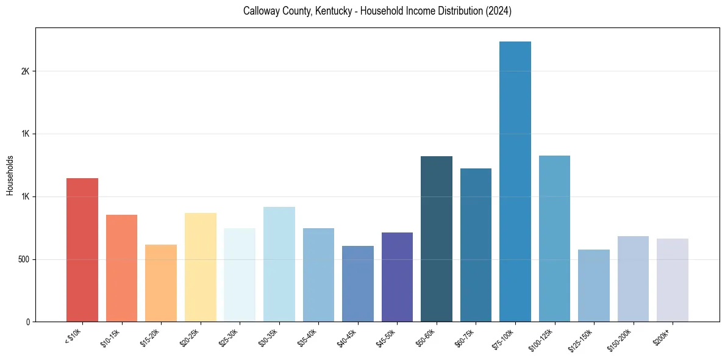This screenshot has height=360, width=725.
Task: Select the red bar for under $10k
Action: click(x=82, y=250)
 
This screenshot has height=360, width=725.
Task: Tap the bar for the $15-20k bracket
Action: click(x=161, y=283)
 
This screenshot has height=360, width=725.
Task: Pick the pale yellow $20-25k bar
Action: click(x=201, y=267)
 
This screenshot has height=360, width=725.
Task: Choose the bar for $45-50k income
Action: click(x=397, y=277)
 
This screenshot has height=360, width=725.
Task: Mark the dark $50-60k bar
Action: click(x=437, y=239)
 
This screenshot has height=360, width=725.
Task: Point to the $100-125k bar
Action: click(x=554, y=239)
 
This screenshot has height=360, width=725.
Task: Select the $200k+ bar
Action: click(x=673, y=280)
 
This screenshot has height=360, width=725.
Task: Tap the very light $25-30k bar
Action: click(x=240, y=275)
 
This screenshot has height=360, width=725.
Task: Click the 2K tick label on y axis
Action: click(x=25, y=71)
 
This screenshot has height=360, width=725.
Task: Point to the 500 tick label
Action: click(x=24, y=259)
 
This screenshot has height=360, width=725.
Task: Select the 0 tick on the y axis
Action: click(x=27, y=322)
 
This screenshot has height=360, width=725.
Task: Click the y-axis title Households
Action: click(x=10, y=175)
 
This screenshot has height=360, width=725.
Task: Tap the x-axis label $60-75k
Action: click(x=465, y=336)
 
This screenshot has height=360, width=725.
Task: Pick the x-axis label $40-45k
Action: click(x=347, y=336)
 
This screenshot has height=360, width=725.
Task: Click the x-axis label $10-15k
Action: click(x=111, y=336)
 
